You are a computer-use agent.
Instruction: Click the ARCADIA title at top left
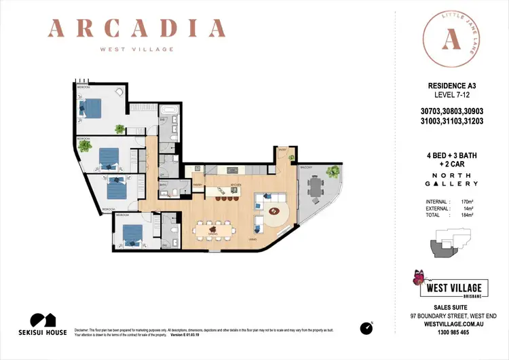point(137,29)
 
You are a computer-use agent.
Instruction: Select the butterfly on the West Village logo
point(418,276)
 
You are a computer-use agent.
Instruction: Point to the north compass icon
point(366,327)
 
